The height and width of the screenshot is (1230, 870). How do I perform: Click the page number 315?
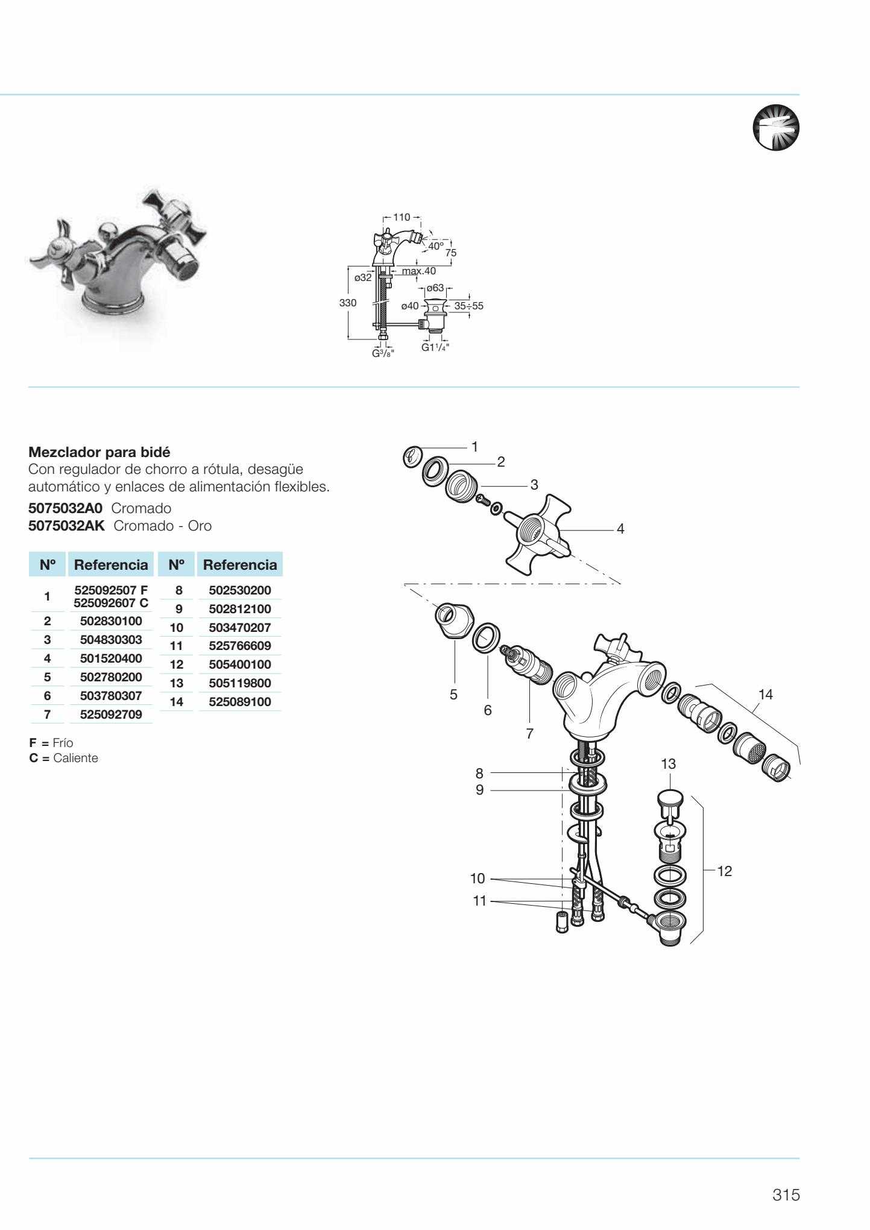(x=786, y=1195)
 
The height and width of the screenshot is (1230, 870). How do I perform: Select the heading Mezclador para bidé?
(x=99, y=452)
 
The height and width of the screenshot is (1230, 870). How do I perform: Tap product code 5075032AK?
(x=66, y=526)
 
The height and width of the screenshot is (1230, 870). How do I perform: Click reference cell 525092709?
(x=111, y=715)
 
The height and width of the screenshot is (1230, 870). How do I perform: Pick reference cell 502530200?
(x=239, y=590)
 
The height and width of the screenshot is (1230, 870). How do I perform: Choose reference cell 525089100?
(x=239, y=702)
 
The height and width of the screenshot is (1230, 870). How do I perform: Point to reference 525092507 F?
(x=110, y=590)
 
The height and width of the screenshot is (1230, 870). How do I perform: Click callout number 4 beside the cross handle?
(x=620, y=529)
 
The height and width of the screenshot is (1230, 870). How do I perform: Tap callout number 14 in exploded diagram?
(x=765, y=695)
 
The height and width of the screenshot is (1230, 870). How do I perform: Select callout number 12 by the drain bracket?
(x=725, y=871)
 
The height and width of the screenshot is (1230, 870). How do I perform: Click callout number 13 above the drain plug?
(x=668, y=764)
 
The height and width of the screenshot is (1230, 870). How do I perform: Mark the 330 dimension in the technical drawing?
(x=348, y=303)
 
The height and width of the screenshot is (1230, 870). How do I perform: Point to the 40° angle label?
(x=435, y=246)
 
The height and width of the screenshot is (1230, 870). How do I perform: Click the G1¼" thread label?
(x=435, y=347)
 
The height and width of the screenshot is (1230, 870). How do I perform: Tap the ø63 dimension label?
(x=435, y=288)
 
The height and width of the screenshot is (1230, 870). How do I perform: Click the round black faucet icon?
(x=775, y=128)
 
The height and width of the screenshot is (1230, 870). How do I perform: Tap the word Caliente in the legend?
(x=75, y=758)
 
